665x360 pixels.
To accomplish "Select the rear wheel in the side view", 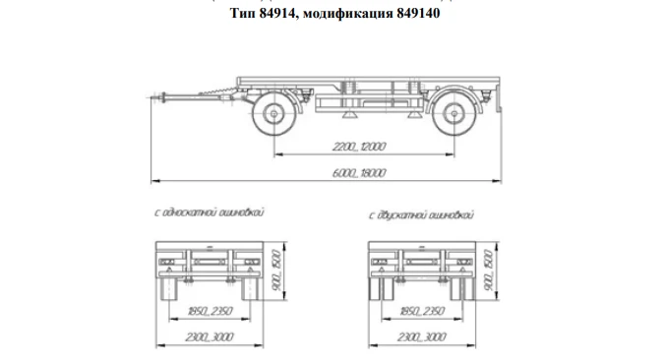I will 454,116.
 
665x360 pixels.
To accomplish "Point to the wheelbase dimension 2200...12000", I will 358,147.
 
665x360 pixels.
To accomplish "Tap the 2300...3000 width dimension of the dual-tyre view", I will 421,337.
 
